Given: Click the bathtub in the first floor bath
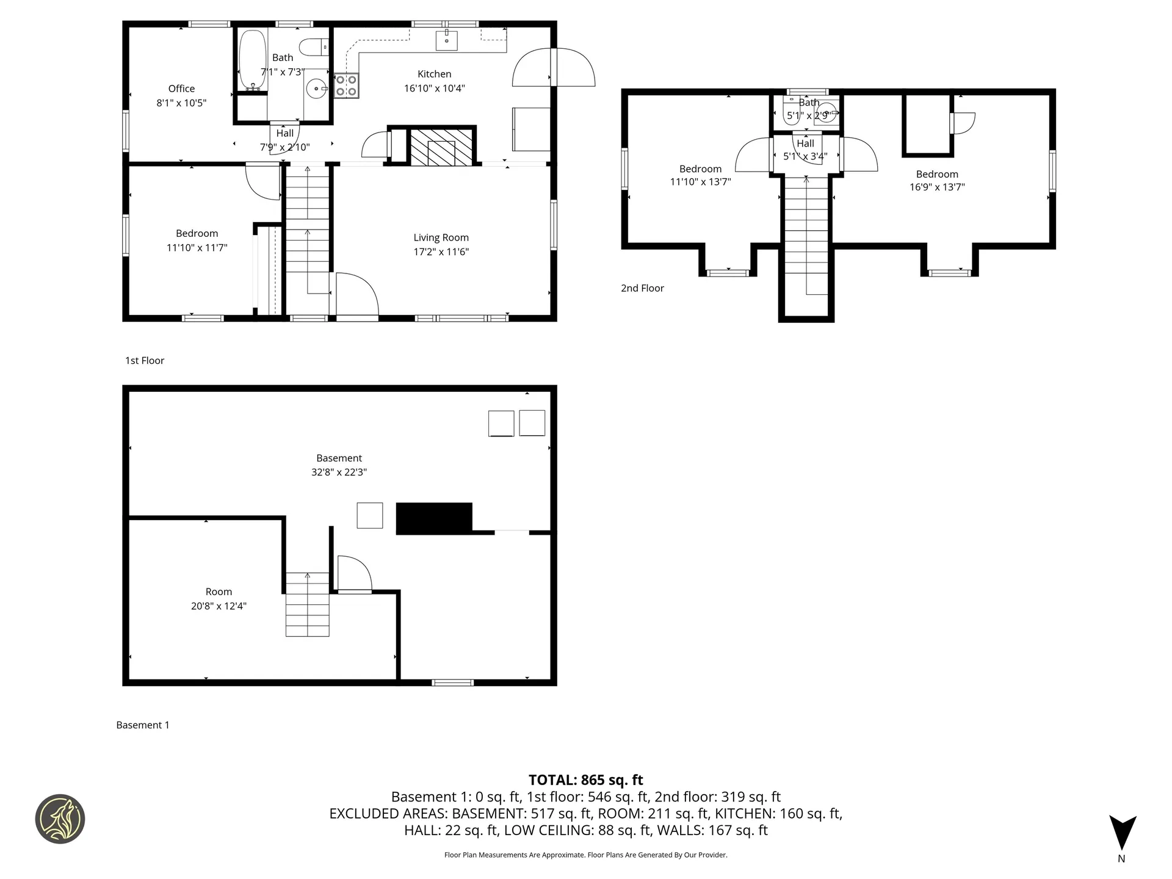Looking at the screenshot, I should [252, 60].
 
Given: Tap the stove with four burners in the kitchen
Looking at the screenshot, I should [346, 86].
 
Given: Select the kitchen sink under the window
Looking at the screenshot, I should [446, 40].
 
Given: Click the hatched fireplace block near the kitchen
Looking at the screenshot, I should [441, 147].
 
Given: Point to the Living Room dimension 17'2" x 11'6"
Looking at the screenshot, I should [441, 251].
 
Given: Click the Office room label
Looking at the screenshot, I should [181, 89].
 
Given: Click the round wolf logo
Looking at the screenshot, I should [60, 819].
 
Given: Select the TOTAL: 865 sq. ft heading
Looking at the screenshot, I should [585, 780].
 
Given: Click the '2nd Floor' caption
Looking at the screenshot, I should [642, 288].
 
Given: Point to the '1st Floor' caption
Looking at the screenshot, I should [145, 360].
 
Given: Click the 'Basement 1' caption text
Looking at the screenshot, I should [143, 725].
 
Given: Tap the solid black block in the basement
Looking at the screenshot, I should [434, 518].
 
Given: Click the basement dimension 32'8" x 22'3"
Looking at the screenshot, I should [339, 472].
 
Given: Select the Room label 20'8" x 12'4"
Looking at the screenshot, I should [219, 599].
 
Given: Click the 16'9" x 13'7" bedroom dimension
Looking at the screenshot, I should [937, 187].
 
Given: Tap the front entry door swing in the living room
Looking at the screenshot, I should [356, 296].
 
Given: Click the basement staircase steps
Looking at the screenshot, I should [307, 605].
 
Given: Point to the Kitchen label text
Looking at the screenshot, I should [434, 74].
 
